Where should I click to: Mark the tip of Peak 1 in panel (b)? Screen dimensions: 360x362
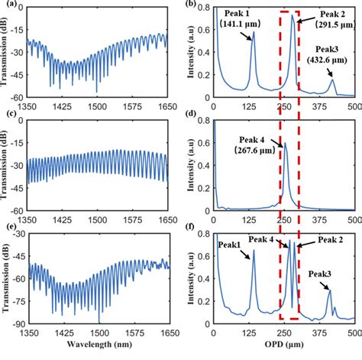(254, 32)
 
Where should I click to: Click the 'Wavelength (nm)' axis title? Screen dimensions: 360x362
(102, 352)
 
